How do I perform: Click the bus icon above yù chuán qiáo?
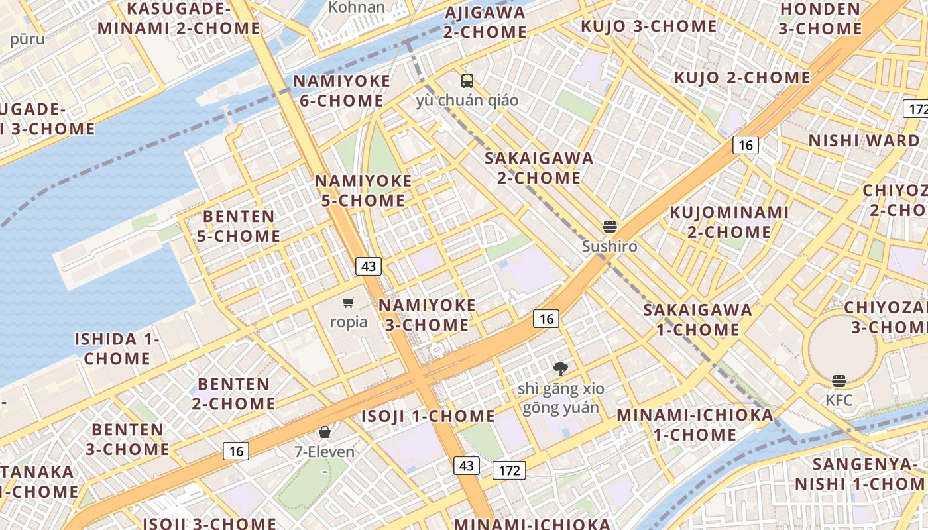(x=467, y=81)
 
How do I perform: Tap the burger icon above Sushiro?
(x=610, y=227)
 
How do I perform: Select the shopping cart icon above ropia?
(x=349, y=303)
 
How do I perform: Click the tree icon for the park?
(x=561, y=368)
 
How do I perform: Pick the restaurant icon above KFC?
(x=839, y=381)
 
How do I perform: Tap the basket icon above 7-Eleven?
(x=325, y=433)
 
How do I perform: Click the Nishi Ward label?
(x=864, y=140)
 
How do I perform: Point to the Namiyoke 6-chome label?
(x=341, y=91)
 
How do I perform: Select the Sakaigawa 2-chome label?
(x=538, y=168)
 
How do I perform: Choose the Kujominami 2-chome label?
(x=729, y=222)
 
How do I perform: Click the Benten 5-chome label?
(x=239, y=226)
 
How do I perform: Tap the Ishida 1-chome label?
(x=117, y=349)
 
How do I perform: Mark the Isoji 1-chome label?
(x=428, y=416)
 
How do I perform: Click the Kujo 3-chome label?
(x=648, y=26)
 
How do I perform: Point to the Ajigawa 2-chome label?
(x=486, y=23)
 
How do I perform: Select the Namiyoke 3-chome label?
(x=427, y=315)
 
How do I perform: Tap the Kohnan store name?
(x=357, y=7)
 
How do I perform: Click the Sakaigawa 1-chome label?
(x=697, y=319)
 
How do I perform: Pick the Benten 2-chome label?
(x=234, y=394)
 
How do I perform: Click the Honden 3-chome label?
(x=820, y=19)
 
